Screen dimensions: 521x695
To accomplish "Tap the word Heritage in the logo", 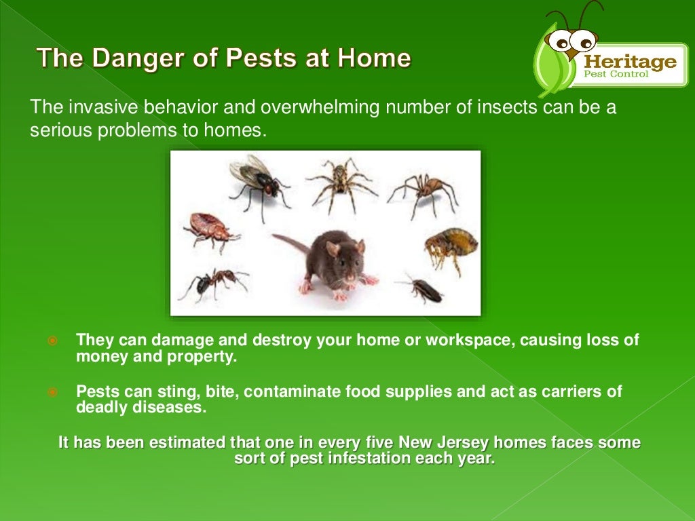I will [631, 62].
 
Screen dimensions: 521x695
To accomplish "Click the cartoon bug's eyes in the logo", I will [565, 43].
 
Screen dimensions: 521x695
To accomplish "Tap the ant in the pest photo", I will [213, 280].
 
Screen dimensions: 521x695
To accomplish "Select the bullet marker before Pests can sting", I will [53, 392].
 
